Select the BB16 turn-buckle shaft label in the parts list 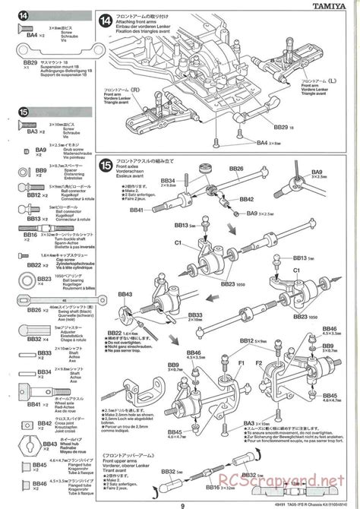tap(30, 236)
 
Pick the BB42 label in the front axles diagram tap(245, 199)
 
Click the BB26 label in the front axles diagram tap(235, 169)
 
